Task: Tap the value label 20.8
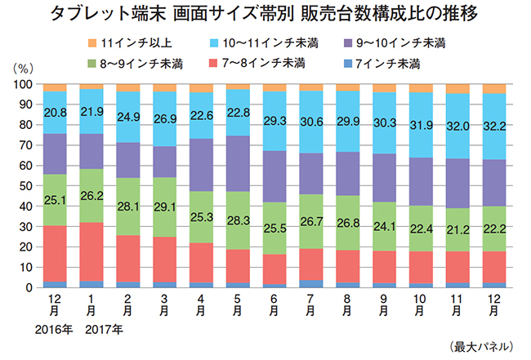[x=56, y=112]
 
